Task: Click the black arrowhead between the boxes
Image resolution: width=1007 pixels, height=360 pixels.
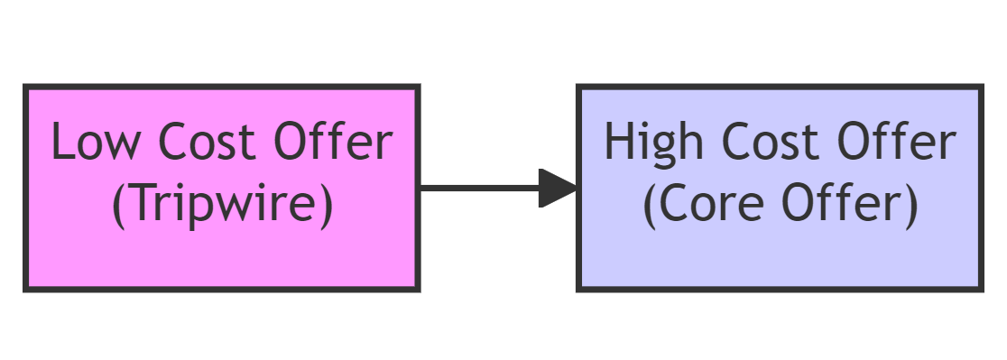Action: (558, 188)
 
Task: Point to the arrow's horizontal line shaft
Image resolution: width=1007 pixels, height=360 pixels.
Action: (478, 188)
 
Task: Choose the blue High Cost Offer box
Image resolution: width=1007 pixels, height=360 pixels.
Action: (780, 262)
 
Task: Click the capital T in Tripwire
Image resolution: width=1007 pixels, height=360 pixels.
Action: (138, 205)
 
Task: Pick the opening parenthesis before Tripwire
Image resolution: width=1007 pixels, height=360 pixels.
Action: (118, 206)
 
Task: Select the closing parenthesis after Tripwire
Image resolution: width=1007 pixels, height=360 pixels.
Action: (326, 206)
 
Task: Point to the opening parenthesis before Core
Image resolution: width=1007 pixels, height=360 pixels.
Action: (651, 206)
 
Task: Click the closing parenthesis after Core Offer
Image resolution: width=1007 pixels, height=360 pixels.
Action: (910, 206)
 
